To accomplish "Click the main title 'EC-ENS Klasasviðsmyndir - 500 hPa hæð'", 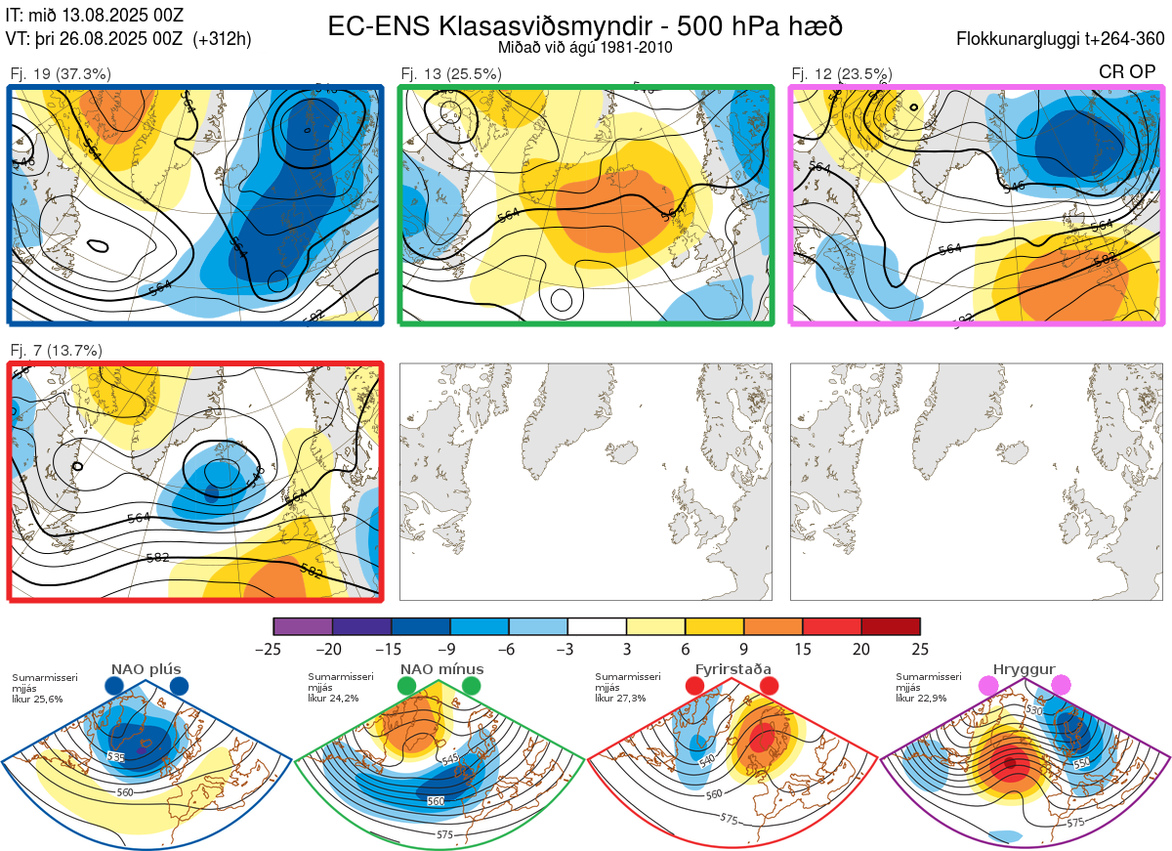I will (585, 26).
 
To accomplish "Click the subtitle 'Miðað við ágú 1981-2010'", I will (585, 47).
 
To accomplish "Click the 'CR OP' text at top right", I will (1129, 71).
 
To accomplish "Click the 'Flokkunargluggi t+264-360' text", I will (1063, 39).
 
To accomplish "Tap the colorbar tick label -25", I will (273, 649).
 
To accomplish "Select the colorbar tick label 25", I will (920, 649).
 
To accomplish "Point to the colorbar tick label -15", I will (391, 649).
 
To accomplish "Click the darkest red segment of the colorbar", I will (891, 626).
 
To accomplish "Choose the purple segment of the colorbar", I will (303, 626).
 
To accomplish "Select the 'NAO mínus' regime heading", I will (441, 669).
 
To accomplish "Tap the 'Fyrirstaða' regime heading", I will (732, 669).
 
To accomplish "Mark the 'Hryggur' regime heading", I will (1025, 669).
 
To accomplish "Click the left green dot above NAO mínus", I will (406, 687).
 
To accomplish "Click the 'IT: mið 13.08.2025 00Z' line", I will (94, 15).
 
